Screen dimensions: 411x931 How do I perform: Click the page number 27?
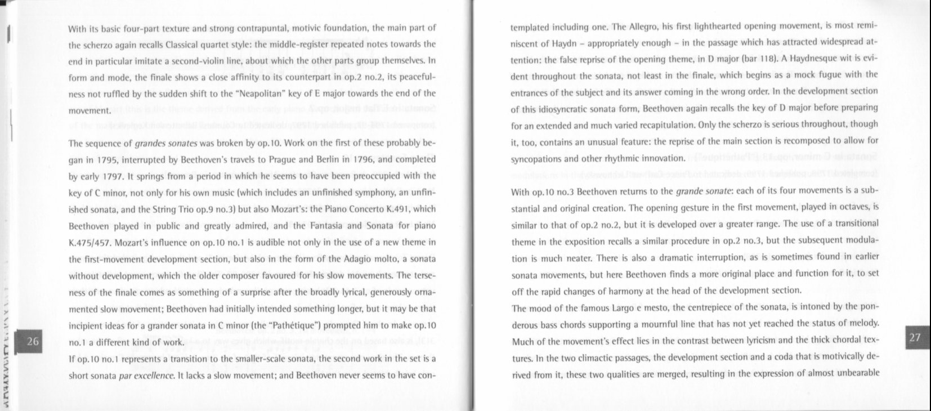[915, 337]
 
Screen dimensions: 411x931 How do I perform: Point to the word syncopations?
[536, 158]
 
